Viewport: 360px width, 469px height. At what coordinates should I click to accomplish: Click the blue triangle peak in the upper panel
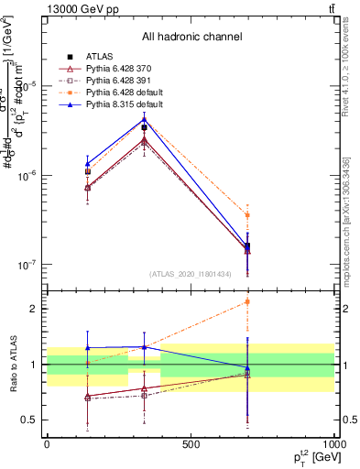tap(144, 119)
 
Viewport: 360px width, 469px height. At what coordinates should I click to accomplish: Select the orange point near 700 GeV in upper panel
tap(247, 214)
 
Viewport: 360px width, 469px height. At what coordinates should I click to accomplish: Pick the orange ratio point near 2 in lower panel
tap(247, 301)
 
